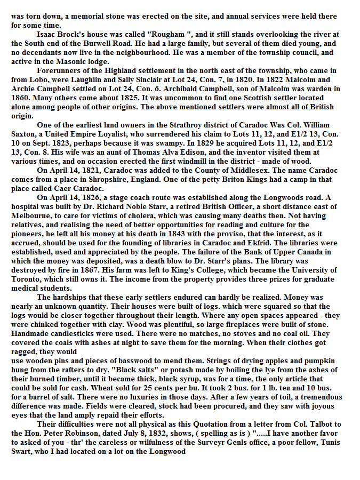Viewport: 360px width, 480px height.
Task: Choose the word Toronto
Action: pos(26,278)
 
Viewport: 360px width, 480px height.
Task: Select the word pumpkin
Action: pos(322,360)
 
